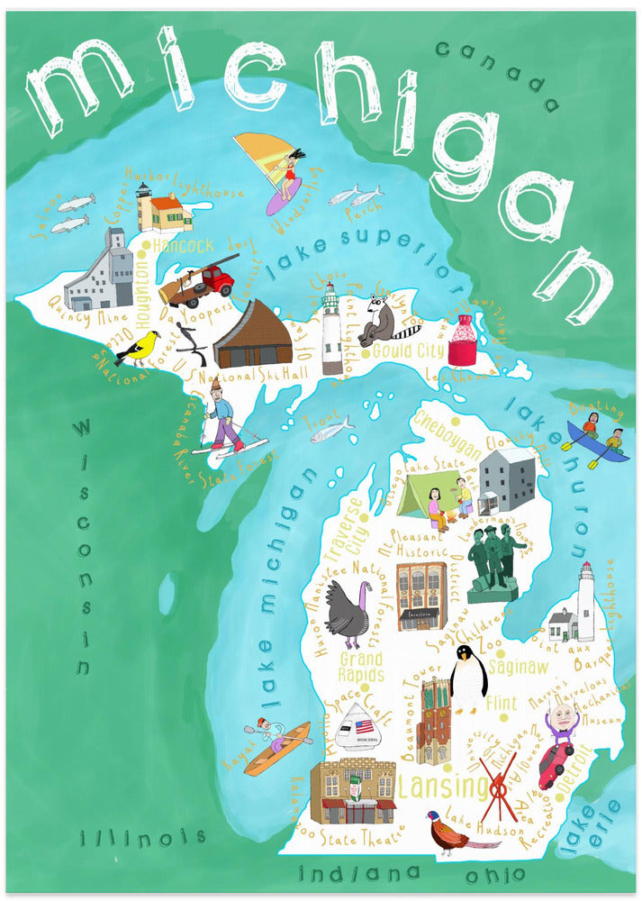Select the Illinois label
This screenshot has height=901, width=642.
coord(142,839)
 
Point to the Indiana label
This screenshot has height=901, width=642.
coord(359,872)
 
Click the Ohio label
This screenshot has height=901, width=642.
coord(494,875)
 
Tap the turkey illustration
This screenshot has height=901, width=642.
coord(347,613)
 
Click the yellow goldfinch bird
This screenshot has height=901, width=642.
coord(140,348)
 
